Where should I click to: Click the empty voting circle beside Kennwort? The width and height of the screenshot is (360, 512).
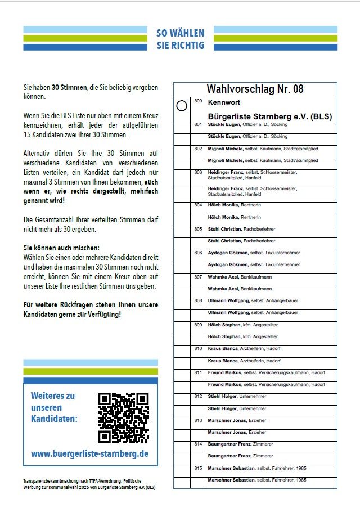tap(182, 106)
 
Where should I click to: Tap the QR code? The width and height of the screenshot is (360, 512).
tap(123, 418)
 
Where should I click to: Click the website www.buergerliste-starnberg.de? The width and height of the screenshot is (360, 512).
tap(89, 453)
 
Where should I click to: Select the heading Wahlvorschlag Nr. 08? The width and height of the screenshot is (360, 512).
tap(255, 89)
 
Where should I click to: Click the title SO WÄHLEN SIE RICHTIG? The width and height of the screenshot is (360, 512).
tap(181, 39)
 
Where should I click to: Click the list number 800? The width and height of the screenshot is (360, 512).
tap(198, 101)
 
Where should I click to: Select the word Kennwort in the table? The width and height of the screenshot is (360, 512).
tap(223, 102)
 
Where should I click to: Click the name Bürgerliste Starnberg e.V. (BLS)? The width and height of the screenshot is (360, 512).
tap(269, 116)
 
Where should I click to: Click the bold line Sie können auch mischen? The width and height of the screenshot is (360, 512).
tap(62, 248)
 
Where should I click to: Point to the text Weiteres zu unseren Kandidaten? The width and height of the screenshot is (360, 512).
tap(54, 407)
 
